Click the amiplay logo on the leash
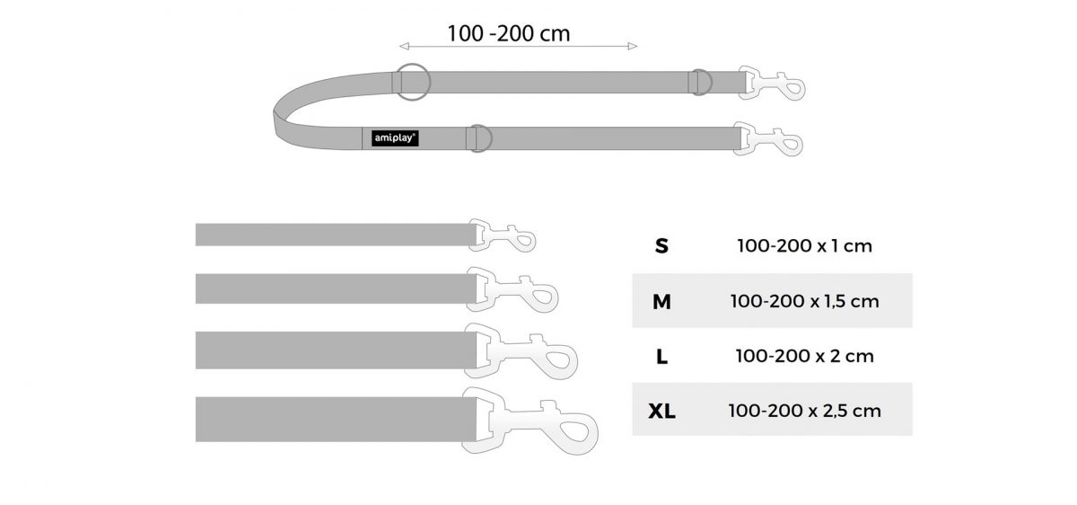[x=395, y=138]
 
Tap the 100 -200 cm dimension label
[x=509, y=33]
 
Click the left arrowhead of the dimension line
[x=404, y=46]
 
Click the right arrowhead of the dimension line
[x=633, y=46]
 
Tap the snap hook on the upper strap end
[x=771, y=84]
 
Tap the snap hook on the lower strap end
[x=767, y=139]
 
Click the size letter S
[x=661, y=246]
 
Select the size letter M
[x=661, y=302]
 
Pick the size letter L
[x=661, y=357]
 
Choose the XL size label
[x=661, y=412]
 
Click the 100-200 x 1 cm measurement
[x=804, y=246]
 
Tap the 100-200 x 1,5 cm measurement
[x=804, y=301]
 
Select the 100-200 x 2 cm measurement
[x=804, y=356]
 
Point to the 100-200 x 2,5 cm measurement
[x=804, y=412]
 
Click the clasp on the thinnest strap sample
[x=502, y=236]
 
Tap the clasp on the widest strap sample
[x=529, y=421]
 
